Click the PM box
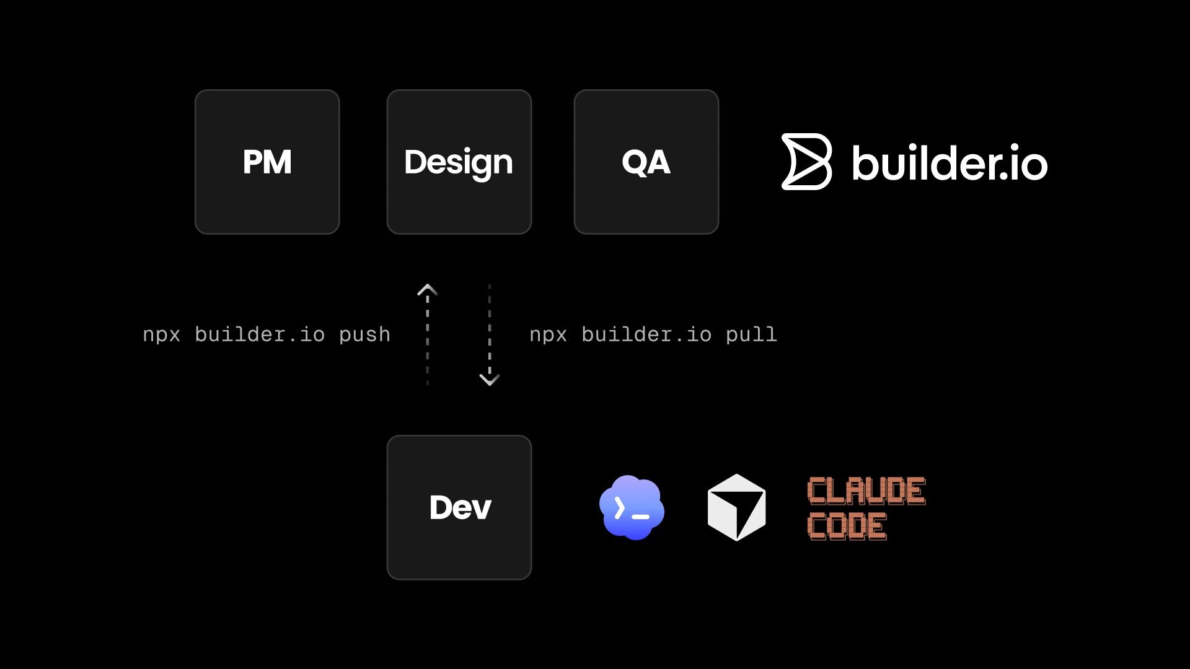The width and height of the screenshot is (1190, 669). tap(267, 162)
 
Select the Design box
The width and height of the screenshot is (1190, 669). tap(459, 162)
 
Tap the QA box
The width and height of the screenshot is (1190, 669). tap(646, 162)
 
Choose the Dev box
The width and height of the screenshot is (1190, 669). tap(459, 507)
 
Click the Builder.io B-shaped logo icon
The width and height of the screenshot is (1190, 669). tap(806, 162)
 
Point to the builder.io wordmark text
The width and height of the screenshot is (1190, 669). tap(950, 163)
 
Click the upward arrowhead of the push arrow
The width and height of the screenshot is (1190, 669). tap(427, 290)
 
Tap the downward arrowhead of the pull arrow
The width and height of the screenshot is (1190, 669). tap(490, 379)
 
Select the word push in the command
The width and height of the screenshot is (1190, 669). tap(364, 334)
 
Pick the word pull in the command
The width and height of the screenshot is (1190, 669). tap(751, 334)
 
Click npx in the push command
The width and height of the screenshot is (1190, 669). tap(162, 334)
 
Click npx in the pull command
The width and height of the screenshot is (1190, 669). tap(549, 334)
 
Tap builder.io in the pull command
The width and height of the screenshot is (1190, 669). tap(646, 334)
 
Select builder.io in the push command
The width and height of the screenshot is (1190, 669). tap(260, 334)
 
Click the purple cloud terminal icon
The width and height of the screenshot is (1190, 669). tap(632, 507)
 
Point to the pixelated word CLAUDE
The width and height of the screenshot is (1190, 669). tap(866, 491)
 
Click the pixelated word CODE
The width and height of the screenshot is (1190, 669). tap(847, 526)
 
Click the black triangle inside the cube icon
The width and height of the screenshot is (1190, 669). tap(747, 512)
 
